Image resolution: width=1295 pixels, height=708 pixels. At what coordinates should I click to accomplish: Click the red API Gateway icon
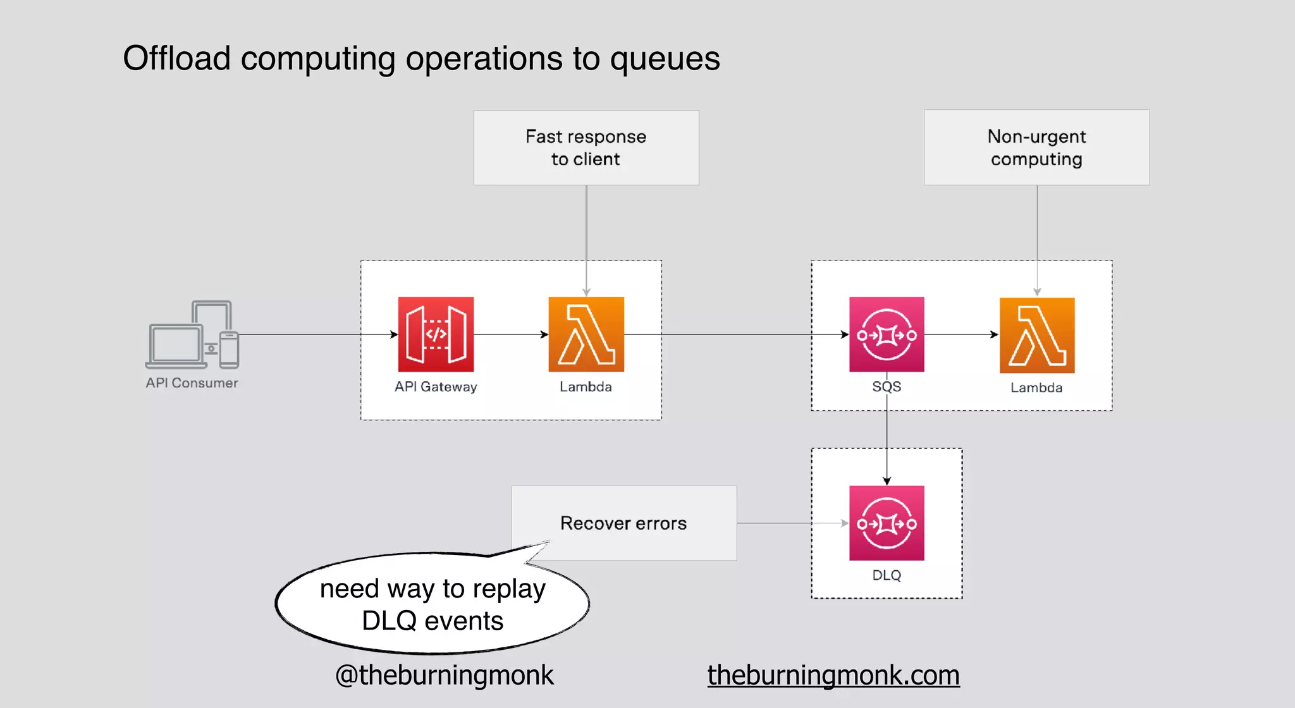(436, 334)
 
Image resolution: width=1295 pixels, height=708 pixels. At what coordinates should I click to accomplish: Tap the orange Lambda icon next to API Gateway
(586, 334)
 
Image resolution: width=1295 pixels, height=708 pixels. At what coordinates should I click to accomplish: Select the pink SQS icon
(887, 334)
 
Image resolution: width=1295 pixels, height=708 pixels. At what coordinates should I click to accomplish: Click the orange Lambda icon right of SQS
(1037, 335)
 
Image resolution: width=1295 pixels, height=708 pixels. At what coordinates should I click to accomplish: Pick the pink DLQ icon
(887, 523)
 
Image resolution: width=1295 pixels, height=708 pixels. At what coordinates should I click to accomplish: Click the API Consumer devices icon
(192, 335)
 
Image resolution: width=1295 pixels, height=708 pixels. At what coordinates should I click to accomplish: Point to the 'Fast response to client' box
(586, 148)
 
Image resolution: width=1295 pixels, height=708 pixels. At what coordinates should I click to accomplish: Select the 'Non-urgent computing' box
(1036, 148)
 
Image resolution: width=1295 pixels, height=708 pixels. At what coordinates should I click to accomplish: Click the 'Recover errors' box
(623, 523)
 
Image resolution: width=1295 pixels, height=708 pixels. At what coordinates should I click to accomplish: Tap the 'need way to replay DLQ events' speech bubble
(433, 604)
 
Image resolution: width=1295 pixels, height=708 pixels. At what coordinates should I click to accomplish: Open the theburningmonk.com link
(833, 675)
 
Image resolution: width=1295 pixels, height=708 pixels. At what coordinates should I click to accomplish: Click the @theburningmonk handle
(445, 675)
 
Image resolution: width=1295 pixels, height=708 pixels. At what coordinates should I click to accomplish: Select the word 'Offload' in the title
(176, 58)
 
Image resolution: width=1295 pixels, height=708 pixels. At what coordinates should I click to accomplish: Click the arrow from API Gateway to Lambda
(511, 334)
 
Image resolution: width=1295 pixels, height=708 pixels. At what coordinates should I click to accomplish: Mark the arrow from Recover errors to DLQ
(793, 523)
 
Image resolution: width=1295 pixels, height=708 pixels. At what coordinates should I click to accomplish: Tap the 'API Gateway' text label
(436, 387)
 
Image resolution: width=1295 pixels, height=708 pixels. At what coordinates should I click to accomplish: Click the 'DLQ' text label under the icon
(887, 575)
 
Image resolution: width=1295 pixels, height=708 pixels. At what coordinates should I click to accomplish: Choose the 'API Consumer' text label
(192, 383)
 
